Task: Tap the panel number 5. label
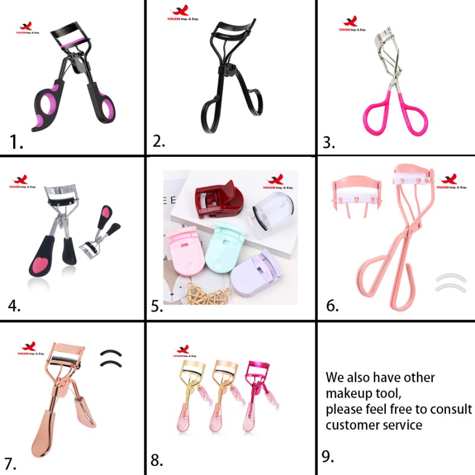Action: [x=157, y=306]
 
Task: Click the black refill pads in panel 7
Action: [x=110, y=358]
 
